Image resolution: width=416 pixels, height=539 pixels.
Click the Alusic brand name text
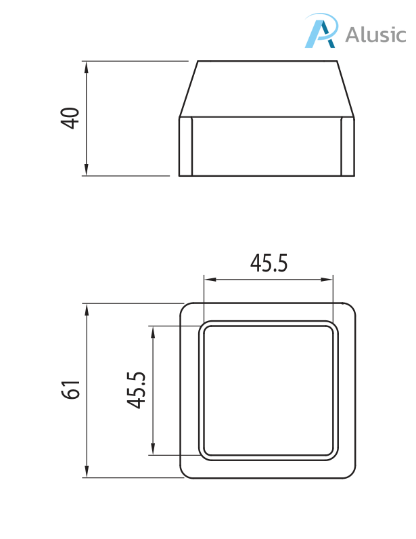(x=376, y=34)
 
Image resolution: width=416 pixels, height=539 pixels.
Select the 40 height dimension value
(x=70, y=118)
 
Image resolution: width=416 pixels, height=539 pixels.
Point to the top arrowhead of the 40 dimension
(x=87, y=66)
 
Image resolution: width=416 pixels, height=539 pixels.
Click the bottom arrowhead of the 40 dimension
(x=87, y=171)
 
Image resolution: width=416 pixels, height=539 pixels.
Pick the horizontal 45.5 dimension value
(x=269, y=263)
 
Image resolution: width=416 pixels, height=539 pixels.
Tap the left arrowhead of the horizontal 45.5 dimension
(x=209, y=278)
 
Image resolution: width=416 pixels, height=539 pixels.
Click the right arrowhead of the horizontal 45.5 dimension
(x=329, y=278)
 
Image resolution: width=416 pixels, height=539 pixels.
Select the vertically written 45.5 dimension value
(x=137, y=390)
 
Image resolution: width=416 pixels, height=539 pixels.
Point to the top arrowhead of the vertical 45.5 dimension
(x=154, y=331)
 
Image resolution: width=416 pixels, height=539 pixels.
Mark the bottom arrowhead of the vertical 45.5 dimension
(x=154, y=450)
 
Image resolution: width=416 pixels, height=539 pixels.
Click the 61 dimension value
(x=71, y=390)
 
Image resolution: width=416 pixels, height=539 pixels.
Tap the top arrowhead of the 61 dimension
(x=87, y=309)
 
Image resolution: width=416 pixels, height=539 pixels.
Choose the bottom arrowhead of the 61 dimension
(x=87, y=472)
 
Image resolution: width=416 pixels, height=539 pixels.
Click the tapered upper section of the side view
(x=267, y=89)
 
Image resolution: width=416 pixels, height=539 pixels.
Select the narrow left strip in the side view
(x=186, y=146)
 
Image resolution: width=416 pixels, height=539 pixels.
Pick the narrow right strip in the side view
(x=347, y=146)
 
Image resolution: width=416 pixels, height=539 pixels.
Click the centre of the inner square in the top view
(x=269, y=390)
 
